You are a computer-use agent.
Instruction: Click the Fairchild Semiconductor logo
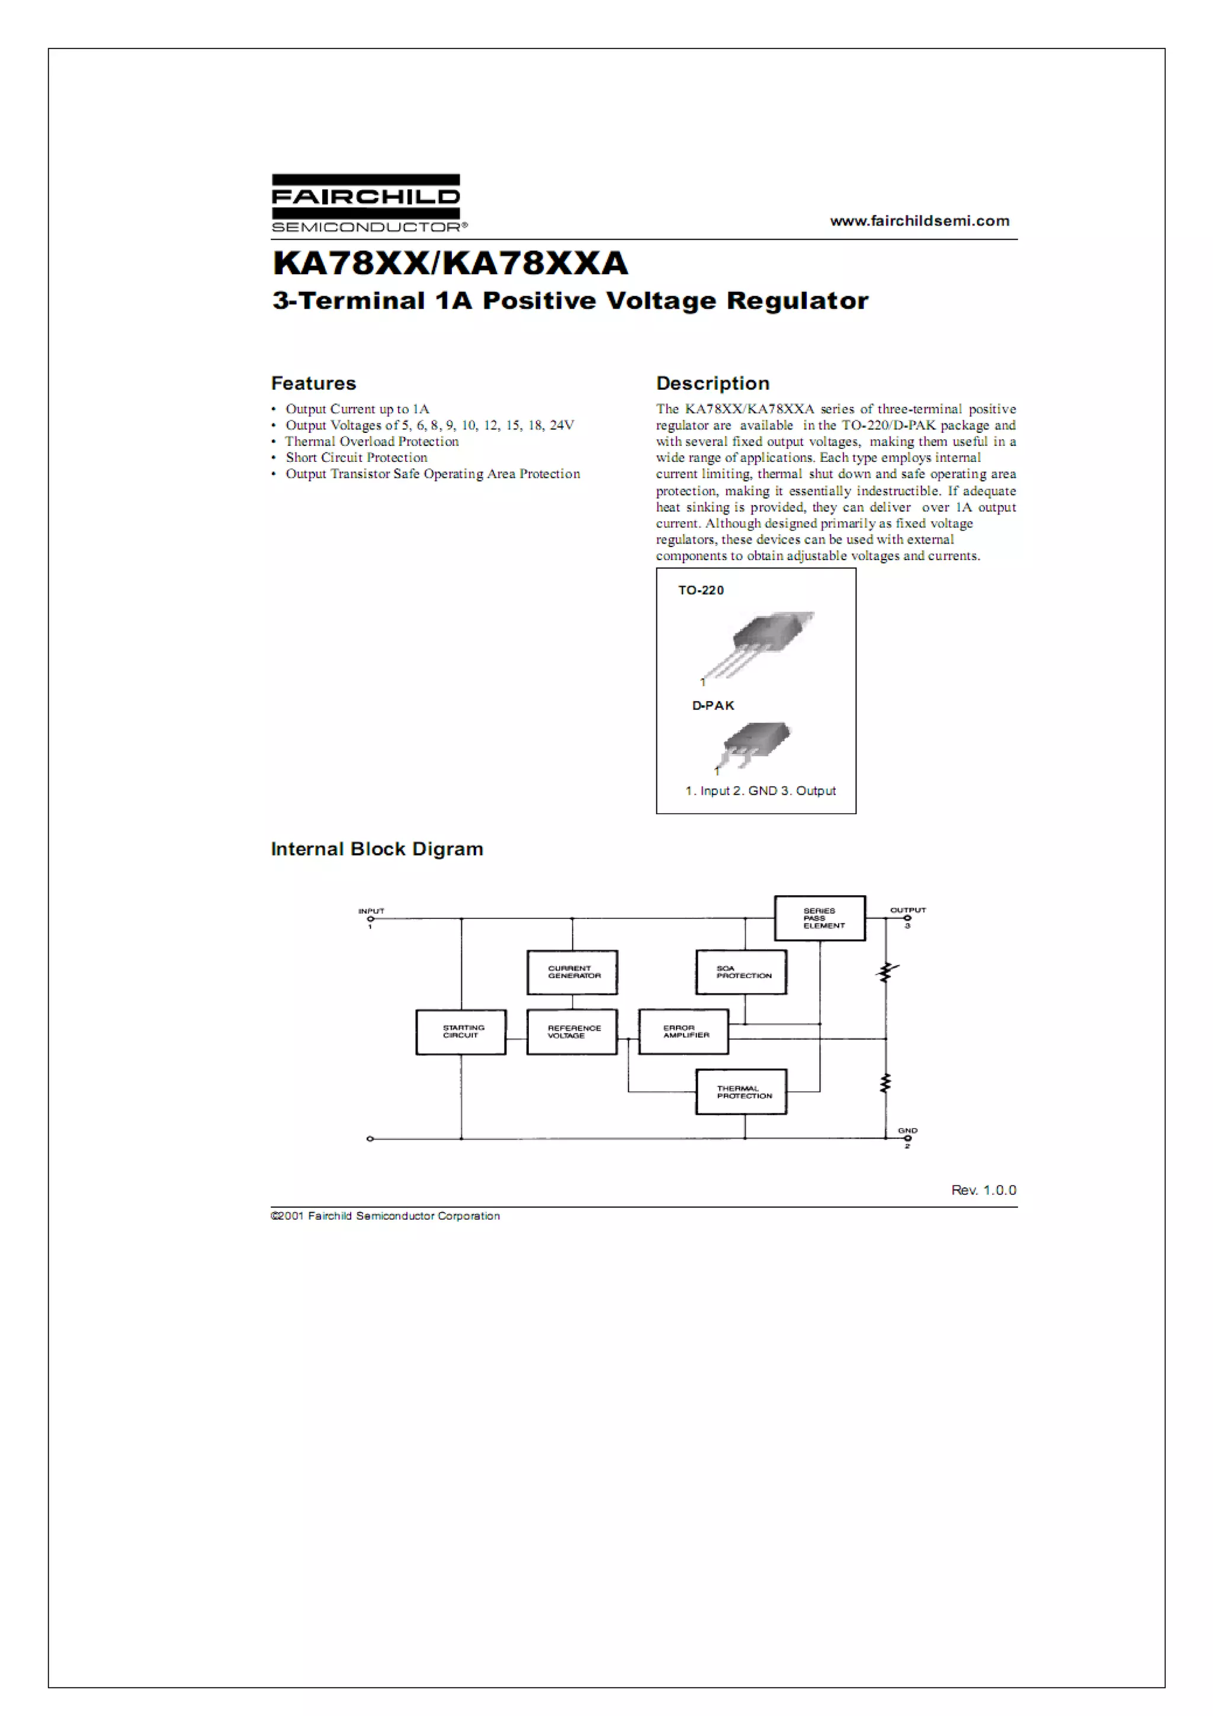click(x=366, y=203)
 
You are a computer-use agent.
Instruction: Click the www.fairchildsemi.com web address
click(x=919, y=220)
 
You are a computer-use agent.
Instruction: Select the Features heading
click(x=313, y=384)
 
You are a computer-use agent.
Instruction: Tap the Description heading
click(x=713, y=384)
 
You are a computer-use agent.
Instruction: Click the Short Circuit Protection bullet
click(x=356, y=457)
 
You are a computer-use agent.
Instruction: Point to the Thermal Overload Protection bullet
click(x=371, y=441)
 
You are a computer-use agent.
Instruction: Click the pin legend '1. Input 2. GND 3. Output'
click(x=760, y=790)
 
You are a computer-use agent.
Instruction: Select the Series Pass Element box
click(x=820, y=918)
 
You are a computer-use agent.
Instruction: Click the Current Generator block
click(x=573, y=972)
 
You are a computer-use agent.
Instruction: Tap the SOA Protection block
click(x=741, y=972)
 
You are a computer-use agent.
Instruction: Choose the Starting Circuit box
click(x=461, y=1031)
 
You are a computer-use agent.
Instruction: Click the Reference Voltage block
click(x=573, y=1031)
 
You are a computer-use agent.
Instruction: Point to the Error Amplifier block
click(x=684, y=1031)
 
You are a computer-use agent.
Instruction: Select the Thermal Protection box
click(x=741, y=1092)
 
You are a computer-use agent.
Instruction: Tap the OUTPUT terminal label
click(x=907, y=910)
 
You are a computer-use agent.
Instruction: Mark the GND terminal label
click(x=907, y=1130)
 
